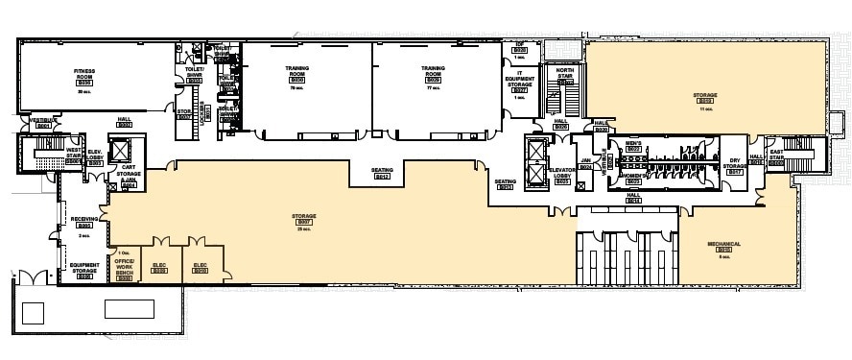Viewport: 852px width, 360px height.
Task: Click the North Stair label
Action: tap(564, 76)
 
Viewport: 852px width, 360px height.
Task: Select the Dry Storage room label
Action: tap(735, 166)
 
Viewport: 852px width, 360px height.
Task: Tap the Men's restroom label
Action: tap(632, 145)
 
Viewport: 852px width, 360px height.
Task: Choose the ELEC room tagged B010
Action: tap(201, 268)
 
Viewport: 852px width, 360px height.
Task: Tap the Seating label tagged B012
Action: tap(382, 174)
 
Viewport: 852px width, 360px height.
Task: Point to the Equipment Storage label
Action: tap(84, 270)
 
